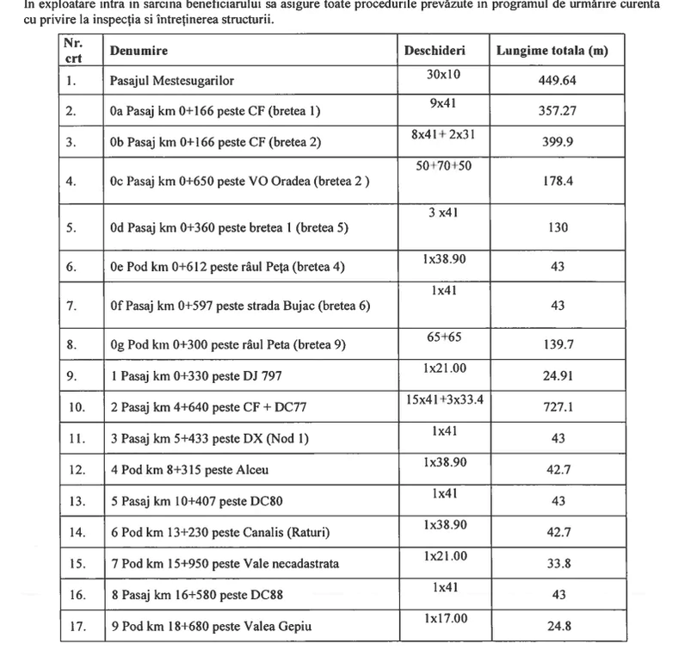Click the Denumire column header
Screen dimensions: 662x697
click(139, 51)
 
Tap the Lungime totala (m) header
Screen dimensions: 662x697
click(552, 51)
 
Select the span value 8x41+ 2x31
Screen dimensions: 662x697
click(443, 135)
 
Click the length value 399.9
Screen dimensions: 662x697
click(558, 142)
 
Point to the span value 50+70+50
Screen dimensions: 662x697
click(443, 165)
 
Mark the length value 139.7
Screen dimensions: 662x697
click(558, 344)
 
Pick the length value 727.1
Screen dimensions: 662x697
click(558, 407)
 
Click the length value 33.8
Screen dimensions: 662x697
click(558, 565)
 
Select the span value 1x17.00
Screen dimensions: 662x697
click(445, 619)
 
